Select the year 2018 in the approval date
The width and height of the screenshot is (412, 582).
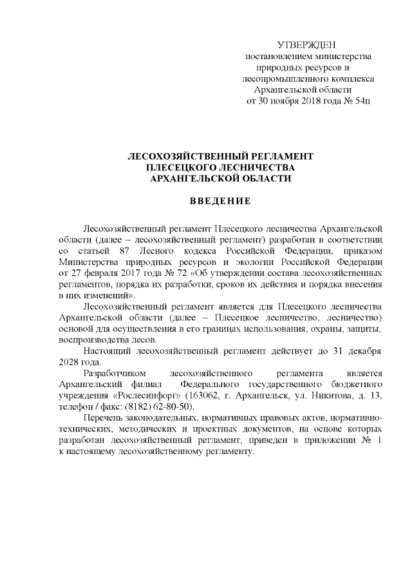coord(308,102)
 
